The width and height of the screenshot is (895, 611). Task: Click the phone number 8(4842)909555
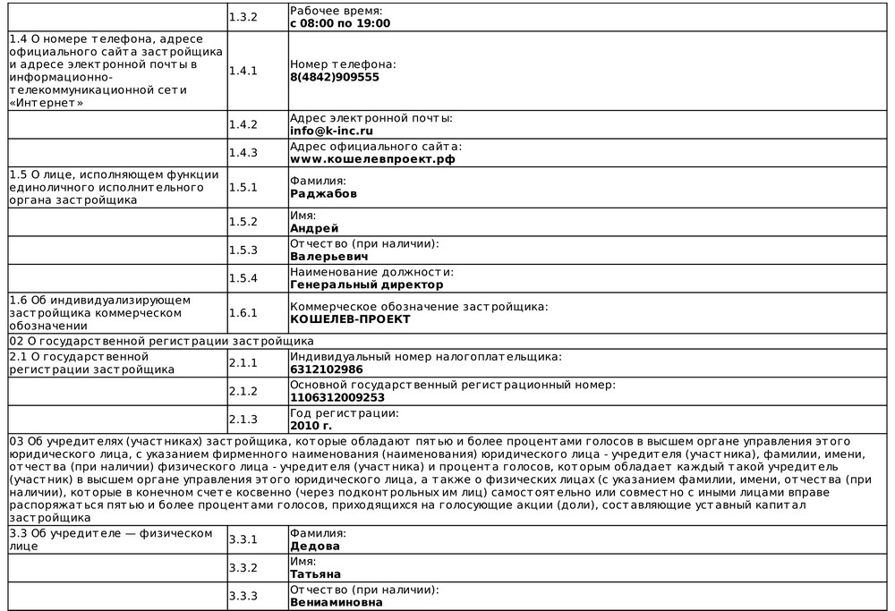pos(335,77)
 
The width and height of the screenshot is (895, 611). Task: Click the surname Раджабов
pos(323,193)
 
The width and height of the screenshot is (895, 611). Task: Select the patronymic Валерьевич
pos(328,256)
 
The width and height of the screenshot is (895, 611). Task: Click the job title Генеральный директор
pos(366,284)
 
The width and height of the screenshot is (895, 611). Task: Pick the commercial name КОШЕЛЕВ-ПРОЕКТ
pos(350,318)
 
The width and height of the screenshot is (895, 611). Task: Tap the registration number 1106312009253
pos(337,397)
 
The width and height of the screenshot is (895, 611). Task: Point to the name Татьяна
pos(315,573)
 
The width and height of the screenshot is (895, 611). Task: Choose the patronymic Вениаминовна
pos(337,602)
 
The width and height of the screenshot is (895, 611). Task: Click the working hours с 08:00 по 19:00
pos(340,22)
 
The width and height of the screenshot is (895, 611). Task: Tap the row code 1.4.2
pos(243,124)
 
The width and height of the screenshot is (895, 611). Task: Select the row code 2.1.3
pos(243,419)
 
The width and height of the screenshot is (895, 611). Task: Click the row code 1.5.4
pos(243,278)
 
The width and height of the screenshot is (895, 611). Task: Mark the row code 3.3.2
pos(243,567)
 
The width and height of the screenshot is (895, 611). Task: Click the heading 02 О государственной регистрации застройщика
pos(161,341)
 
